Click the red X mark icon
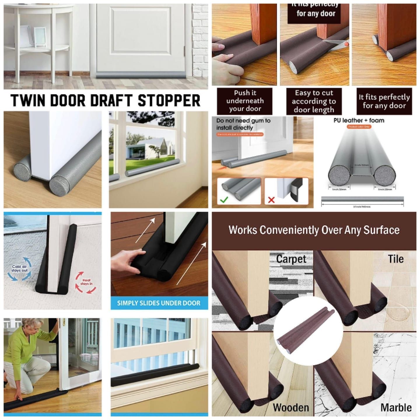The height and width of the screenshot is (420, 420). pyautogui.click(x=271, y=200)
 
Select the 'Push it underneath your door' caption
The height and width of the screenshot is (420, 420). pyautogui.click(x=245, y=101)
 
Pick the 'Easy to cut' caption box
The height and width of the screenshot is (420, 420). pyautogui.click(x=314, y=101)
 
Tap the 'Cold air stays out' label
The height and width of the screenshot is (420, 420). pyautogui.click(x=20, y=268)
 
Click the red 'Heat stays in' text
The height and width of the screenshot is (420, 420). pyautogui.click(x=86, y=282)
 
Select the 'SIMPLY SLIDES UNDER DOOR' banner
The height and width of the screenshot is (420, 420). pyautogui.click(x=159, y=303)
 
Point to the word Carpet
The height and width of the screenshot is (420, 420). pyautogui.click(x=291, y=259)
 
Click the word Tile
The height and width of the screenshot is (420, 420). pyautogui.click(x=395, y=259)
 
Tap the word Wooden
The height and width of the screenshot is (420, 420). pyautogui.click(x=291, y=407)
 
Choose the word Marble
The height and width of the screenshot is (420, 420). pyautogui.click(x=396, y=407)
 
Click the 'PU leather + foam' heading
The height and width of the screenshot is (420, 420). pyautogui.click(x=359, y=120)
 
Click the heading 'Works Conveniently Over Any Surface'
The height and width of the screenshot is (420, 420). pyautogui.click(x=314, y=230)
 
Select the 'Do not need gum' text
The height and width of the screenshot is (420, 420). pyautogui.click(x=243, y=124)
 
